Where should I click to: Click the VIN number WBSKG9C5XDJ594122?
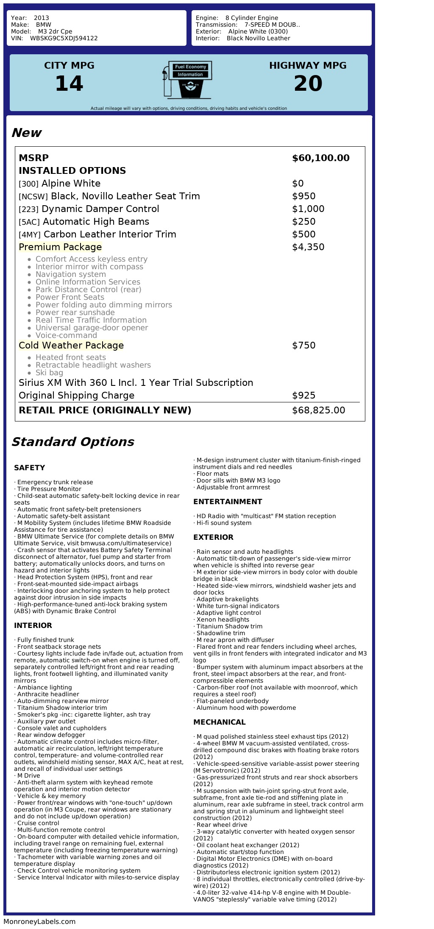click(64, 38)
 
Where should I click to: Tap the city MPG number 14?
click(69, 84)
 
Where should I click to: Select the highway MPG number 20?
click(308, 84)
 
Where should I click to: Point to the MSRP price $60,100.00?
click(320, 158)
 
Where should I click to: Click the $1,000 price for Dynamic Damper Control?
click(308, 209)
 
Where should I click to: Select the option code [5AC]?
click(29, 222)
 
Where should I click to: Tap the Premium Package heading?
click(60, 247)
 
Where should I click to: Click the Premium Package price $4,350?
click(308, 247)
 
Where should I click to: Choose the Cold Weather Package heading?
click(71, 346)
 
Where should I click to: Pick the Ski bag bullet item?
click(49, 373)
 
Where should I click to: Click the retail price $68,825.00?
click(318, 410)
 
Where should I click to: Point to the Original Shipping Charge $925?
click(303, 396)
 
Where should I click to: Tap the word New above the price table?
click(26, 133)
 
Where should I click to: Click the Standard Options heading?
click(72, 442)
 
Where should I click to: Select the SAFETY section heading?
click(29, 468)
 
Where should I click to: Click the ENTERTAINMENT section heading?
click(228, 502)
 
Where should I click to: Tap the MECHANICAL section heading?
click(219, 722)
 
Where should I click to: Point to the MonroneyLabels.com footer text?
click(39, 921)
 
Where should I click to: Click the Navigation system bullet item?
click(70, 274)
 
